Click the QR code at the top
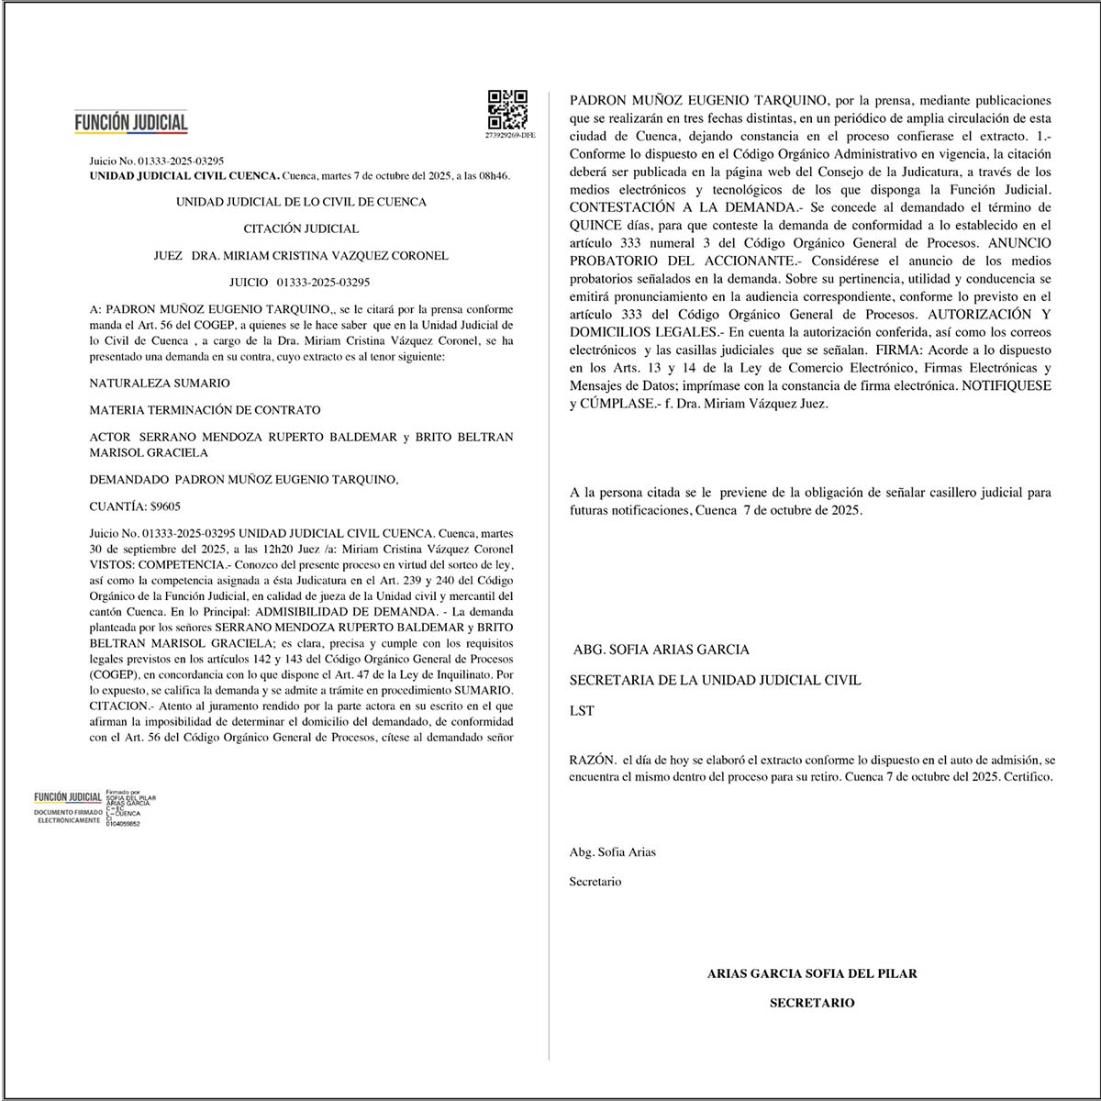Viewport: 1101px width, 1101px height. click(x=507, y=109)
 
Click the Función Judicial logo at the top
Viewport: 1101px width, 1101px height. click(x=131, y=122)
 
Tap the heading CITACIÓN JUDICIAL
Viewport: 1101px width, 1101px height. click(x=301, y=228)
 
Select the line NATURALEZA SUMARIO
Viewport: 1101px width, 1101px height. click(x=160, y=383)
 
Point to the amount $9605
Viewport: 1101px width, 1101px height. click(x=167, y=506)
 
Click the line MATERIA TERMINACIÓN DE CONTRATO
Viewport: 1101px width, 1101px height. click(x=205, y=410)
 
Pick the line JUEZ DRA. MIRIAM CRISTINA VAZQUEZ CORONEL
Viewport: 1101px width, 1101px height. click(x=301, y=256)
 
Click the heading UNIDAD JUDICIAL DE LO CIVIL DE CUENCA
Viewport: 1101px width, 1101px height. click(x=301, y=202)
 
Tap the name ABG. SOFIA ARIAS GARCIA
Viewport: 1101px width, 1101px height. click(x=661, y=650)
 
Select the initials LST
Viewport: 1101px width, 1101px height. click(x=582, y=711)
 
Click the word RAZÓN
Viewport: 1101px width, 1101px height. click(x=592, y=760)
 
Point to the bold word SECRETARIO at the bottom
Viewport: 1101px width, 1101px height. click(x=812, y=1003)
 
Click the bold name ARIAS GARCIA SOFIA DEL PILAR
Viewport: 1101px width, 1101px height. click(x=812, y=973)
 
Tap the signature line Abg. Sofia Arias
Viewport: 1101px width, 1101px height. click(x=613, y=851)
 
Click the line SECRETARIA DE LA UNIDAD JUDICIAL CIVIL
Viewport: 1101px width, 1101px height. click(x=715, y=680)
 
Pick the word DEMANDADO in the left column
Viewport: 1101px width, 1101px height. click(x=128, y=479)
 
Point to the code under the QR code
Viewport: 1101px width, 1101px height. click(x=509, y=135)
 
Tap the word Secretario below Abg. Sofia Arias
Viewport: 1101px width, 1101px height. click(x=595, y=882)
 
